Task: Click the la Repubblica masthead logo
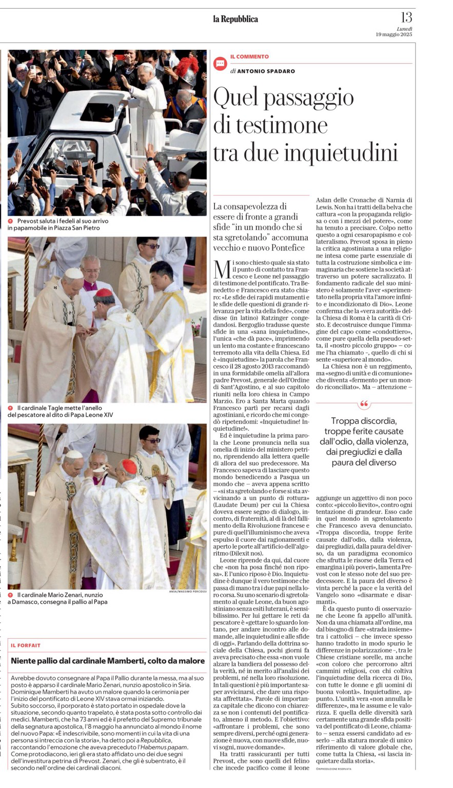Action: tap(235, 19)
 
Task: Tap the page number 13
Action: tap(406, 17)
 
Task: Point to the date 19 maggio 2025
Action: tap(393, 34)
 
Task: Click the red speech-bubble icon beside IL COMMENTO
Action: tap(220, 64)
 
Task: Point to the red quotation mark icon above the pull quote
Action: tap(364, 404)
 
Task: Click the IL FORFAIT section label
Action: tap(26, 645)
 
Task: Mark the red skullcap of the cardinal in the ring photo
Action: tap(105, 292)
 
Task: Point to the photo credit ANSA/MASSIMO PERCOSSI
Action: tap(188, 591)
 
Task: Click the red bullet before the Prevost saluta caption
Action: tap(11, 221)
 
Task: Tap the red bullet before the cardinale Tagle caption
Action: tap(11, 408)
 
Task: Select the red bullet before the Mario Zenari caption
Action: tap(11, 595)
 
